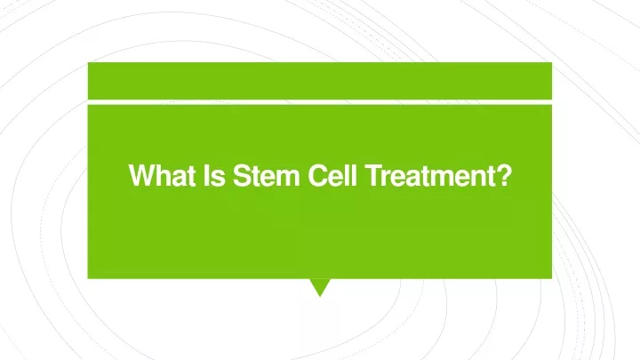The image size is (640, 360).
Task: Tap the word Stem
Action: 266,175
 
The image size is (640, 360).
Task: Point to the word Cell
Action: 332,175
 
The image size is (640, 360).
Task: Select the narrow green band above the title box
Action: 320,81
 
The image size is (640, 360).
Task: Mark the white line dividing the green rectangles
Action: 320,102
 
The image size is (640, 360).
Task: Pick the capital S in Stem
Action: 242,175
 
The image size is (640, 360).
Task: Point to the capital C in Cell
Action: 318,175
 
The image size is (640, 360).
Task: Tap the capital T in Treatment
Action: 374,175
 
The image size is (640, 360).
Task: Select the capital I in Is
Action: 205,175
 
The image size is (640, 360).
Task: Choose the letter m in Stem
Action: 288,178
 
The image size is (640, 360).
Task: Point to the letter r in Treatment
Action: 388,178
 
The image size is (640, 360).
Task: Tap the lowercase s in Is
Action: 218,179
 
